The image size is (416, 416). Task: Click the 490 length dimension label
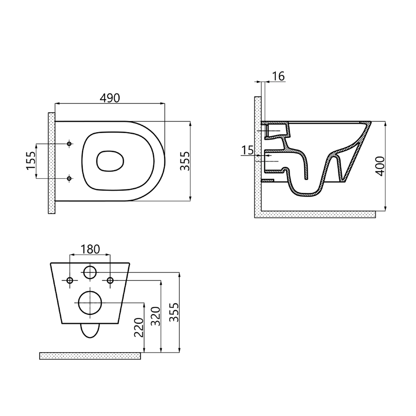point(110,98)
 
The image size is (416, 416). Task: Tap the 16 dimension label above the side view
point(278,76)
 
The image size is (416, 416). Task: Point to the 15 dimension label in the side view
point(247,150)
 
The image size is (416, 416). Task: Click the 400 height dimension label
point(381,166)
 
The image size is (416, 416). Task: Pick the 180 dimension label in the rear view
point(90,249)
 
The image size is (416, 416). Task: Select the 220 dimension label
point(139,328)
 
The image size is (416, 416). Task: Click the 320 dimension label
point(156,316)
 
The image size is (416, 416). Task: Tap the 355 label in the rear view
point(174,312)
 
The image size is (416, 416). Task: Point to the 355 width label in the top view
point(185,161)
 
